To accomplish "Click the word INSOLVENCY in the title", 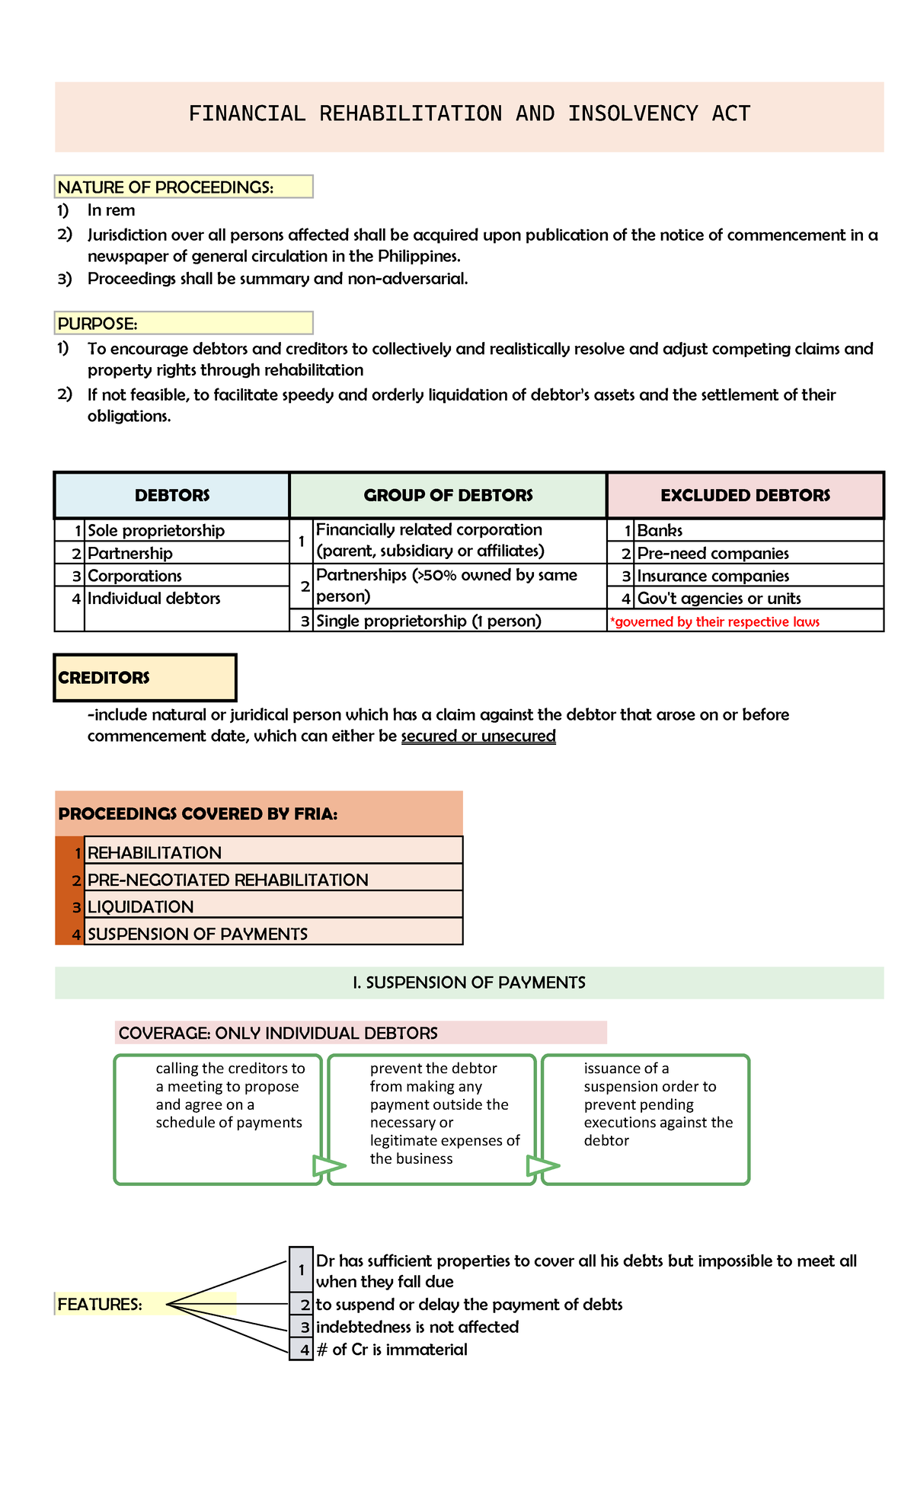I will [x=632, y=113].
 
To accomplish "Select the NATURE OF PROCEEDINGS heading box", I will [x=183, y=187].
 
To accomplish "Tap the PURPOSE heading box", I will [x=183, y=323].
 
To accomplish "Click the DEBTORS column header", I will [x=172, y=495].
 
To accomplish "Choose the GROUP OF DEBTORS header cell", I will [x=448, y=495].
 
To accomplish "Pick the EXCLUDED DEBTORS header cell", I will [x=745, y=495].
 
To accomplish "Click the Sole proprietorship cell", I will [x=156, y=530].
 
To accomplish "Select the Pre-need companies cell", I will [x=712, y=553].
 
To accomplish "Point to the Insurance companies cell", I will [x=712, y=576].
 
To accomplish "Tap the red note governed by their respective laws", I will [x=716, y=621].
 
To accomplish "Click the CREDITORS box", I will [x=145, y=677].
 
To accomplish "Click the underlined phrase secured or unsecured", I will [x=478, y=736].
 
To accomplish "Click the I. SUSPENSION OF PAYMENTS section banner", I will [x=469, y=983].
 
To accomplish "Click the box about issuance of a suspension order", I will [x=646, y=1119].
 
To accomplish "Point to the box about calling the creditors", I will [x=219, y=1119].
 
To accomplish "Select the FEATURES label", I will [x=101, y=1304].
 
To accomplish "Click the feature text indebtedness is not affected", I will [x=417, y=1327].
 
